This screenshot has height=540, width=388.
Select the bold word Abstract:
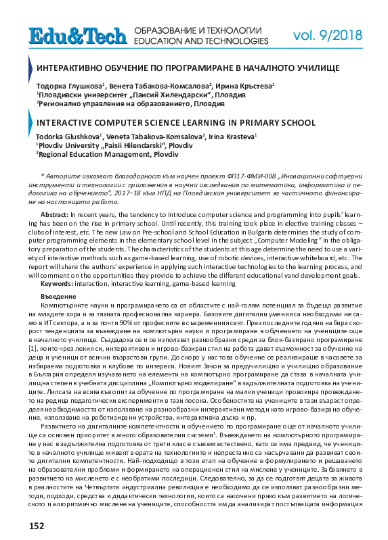click(55, 213)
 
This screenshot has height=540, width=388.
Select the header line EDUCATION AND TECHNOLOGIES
click(198, 41)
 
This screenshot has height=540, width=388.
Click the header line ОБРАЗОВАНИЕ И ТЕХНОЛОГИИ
click(198, 30)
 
